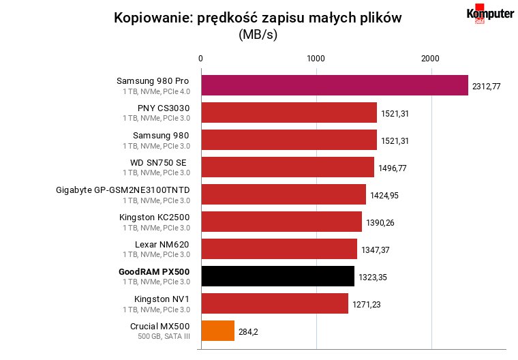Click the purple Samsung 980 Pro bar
coord(335,85)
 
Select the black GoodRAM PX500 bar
coord(278,276)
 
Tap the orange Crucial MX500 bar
coord(218,331)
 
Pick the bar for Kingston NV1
coord(275,303)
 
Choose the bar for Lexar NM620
coord(279,249)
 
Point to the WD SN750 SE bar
coord(288,167)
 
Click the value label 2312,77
coord(486,87)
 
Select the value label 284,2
coord(248,331)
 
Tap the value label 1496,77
coord(393,168)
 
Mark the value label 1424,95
coord(384,196)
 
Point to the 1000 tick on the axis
coord(316,59)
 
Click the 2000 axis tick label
coord(431,59)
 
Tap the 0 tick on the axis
coord(200,59)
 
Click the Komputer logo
coord(490,14)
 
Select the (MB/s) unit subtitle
coord(258,34)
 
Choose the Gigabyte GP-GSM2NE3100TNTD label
coord(123,190)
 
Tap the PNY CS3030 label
coord(164,108)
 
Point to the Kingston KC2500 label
coord(154,217)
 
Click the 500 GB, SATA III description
coord(164,336)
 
